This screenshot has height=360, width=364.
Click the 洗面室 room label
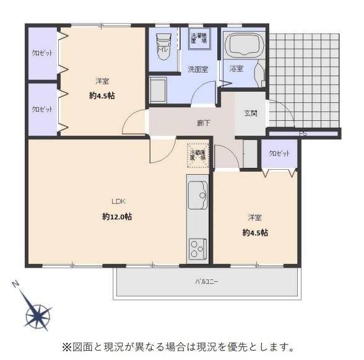[x=197, y=69]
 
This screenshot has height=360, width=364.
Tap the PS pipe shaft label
[x=303, y=133]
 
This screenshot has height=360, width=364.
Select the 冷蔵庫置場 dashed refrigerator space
[x=199, y=156]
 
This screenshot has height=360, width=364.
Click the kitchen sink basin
[x=198, y=193]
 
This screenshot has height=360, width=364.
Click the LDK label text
[x=118, y=201]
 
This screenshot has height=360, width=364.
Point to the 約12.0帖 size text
[x=117, y=217]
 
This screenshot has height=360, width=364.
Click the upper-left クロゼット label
[x=42, y=53]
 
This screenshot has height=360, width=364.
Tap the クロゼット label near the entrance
[x=279, y=152]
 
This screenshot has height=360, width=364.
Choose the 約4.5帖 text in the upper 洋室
[x=102, y=96]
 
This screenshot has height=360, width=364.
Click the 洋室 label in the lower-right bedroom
[x=254, y=217]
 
